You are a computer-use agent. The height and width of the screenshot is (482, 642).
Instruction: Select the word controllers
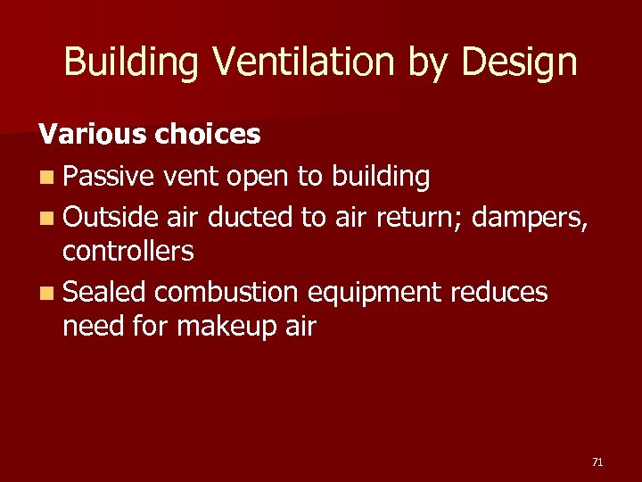128,252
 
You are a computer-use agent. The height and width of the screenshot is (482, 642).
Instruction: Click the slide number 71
597,461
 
